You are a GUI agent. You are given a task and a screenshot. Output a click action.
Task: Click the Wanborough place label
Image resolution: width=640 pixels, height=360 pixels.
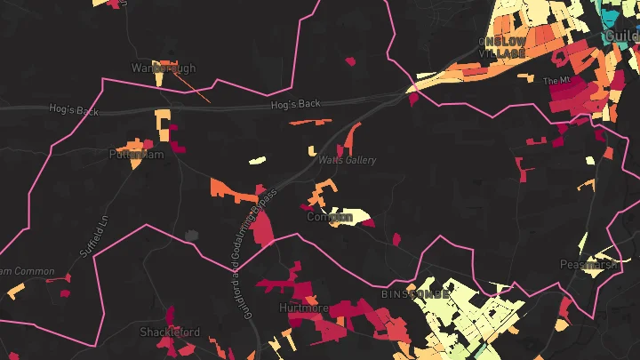162,68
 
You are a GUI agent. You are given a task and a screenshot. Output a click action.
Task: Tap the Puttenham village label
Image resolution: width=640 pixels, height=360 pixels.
137,154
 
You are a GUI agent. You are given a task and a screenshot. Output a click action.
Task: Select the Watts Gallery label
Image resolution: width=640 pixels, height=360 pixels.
348,160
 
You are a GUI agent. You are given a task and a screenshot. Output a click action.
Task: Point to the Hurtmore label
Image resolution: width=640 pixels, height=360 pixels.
304,308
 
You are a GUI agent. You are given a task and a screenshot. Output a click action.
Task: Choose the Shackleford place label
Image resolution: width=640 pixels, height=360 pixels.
170,332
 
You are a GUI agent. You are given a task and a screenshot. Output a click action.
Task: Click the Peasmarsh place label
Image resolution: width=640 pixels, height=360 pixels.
588,264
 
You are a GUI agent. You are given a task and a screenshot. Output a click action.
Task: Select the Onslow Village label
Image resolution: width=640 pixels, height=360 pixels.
502,47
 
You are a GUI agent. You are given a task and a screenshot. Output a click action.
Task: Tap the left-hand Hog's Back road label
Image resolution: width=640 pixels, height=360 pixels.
74,110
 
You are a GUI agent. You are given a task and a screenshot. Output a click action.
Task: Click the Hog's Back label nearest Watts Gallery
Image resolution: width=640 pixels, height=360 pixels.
296,104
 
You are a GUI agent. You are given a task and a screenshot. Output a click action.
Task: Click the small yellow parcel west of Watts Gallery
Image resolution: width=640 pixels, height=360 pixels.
257,161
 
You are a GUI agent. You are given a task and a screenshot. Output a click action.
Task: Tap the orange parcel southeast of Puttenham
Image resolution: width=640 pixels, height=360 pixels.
229,188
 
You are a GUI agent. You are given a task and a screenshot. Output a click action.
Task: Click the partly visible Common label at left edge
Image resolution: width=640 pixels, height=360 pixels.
26,271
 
